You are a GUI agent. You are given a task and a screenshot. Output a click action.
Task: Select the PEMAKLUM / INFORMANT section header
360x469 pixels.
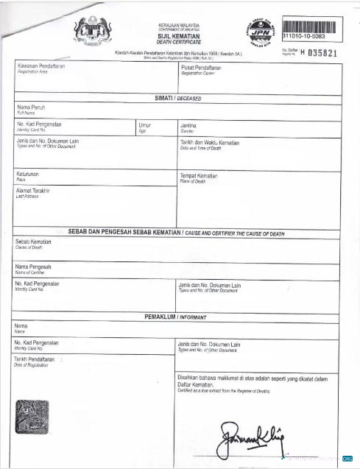(x=176, y=316)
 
